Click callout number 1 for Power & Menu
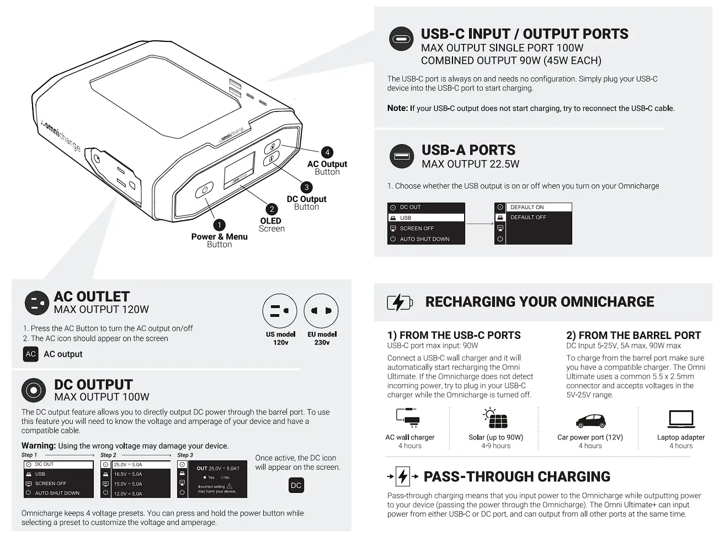pos(219,225)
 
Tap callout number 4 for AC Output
pos(327,152)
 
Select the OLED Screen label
pos(271,225)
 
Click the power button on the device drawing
pos(204,189)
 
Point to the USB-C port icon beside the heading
pos(401,39)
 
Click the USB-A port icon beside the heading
pos(401,156)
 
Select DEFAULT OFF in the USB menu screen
pos(528,217)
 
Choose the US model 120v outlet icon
pos(280,311)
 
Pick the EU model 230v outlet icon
pos(321,311)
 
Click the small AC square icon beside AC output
pos(31,354)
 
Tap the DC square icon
pos(296,485)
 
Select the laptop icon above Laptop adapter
pos(681,419)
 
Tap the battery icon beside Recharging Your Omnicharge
pos(400,303)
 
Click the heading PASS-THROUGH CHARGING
pos(517,476)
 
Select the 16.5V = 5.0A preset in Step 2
pos(128,474)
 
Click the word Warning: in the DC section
pos(39,445)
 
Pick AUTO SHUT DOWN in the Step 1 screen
pos(57,493)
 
